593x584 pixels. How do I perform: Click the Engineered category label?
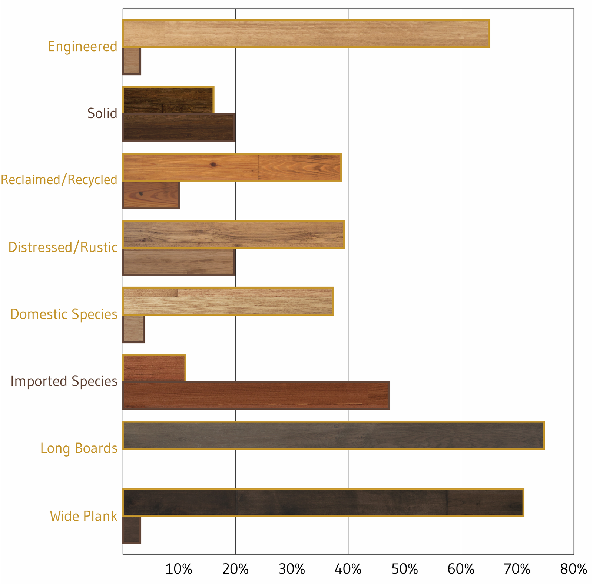(82, 47)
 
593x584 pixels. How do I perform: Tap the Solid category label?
(102, 113)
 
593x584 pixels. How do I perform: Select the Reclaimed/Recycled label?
(59, 180)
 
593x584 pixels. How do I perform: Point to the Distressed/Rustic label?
(63, 247)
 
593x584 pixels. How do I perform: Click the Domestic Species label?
(64, 314)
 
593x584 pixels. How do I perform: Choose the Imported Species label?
(64, 381)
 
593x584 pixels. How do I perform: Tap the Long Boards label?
(79, 448)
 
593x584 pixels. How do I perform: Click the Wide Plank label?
(83, 516)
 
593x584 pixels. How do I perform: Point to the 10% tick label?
(179, 569)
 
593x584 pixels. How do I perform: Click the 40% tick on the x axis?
(348, 569)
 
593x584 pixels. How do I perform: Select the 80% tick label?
(573, 569)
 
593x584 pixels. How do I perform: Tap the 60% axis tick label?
(461, 569)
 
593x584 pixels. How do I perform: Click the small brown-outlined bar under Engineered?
(132, 61)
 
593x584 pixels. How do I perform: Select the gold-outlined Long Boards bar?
(333, 435)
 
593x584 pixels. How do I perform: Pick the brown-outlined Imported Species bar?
(256, 395)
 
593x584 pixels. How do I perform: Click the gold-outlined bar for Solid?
(168, 100)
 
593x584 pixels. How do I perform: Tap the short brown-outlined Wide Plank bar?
(132, 530)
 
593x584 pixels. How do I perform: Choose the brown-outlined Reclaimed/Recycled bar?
(151, 195)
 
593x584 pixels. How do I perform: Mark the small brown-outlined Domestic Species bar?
(133, 329)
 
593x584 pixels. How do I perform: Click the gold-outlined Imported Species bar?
(154, 368)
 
